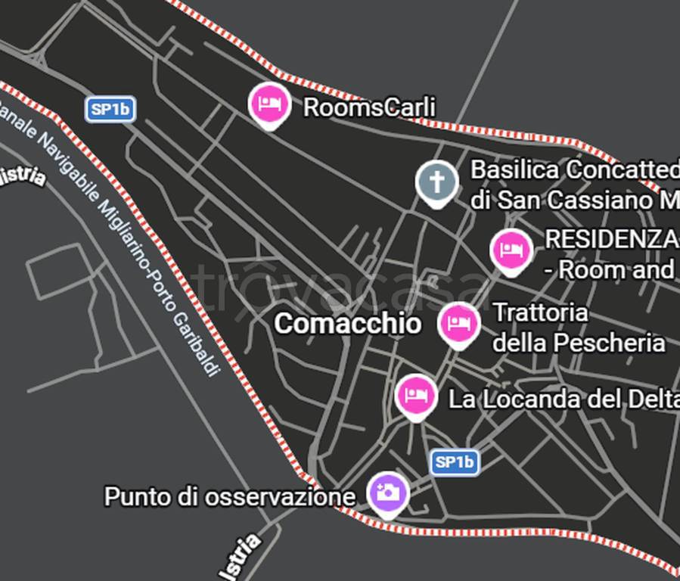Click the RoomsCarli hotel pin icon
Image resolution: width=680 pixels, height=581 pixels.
coord(269,104)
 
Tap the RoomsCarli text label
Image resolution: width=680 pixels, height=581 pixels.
coord(369,107)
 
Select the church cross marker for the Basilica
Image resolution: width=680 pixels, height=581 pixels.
coord(436,182)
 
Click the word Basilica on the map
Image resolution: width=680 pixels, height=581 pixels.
coord(515,169)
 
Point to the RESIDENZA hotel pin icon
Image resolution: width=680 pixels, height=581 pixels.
coord(511,250)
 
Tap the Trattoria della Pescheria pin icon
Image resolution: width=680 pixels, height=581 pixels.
coord(458,323)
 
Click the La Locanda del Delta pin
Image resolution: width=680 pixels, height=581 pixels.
coord(415,395)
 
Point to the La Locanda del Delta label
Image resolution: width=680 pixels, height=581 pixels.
coord(564,399)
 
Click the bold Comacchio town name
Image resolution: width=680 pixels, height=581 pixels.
coord(347,324)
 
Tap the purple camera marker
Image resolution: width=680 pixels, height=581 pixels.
coord(388,492)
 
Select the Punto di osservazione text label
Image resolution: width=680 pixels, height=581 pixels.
coord(229,497)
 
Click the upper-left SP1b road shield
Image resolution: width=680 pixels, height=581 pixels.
coord(110,109)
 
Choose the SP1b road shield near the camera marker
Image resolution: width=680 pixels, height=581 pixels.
coord(455,461)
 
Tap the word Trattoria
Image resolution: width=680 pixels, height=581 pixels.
coord(540,312)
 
